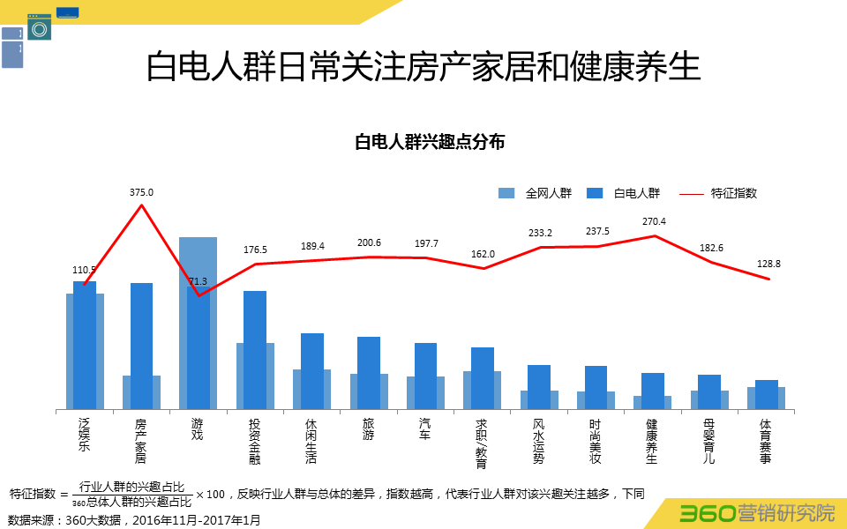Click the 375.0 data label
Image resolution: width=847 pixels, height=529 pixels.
141,192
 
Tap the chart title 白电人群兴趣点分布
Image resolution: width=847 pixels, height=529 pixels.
430,142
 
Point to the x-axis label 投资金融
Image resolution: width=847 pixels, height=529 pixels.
254,441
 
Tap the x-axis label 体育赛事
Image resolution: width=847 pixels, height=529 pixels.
765,441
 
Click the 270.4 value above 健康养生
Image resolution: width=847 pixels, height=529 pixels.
654,222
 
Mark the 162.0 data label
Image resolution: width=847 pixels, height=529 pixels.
483,254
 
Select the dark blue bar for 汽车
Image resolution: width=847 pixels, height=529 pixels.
425,375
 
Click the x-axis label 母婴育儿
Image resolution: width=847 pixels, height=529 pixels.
708,441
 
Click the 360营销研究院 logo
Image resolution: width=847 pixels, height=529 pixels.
757,512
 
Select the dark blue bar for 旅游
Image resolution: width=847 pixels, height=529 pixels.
368,372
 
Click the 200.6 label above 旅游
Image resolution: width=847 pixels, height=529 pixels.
368,243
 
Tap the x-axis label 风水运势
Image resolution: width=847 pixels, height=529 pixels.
538,441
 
